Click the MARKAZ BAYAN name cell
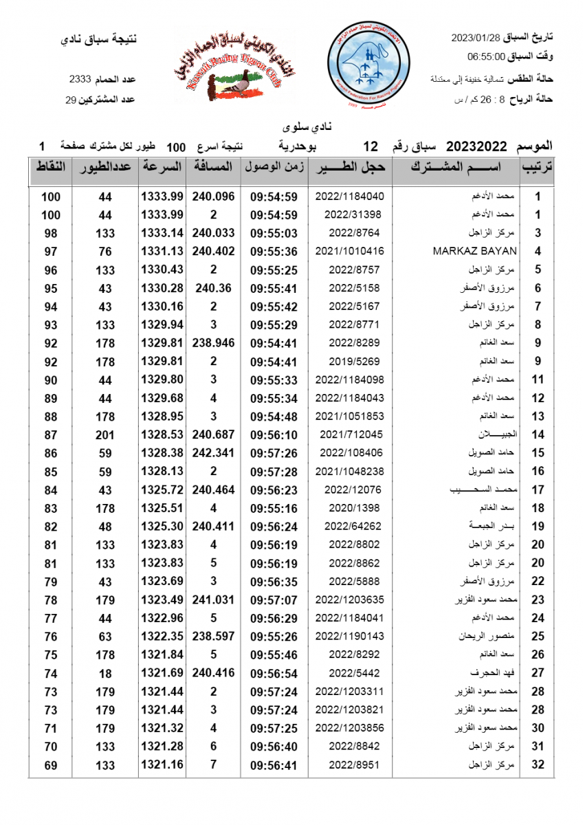click(x=474, y=251)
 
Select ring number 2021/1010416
click(x=349, y=251)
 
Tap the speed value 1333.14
click(x=162, y=233)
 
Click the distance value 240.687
click(x=213, y=434)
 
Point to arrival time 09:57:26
click(x=274, y=453)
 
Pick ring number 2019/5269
click(x=349, y=361)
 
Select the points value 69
click(x=50, y=764)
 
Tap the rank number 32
click(x=538, y=764)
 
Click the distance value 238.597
click(x=213, y=636)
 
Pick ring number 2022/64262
click(x=349, y=526)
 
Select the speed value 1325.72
click(x=162, y=489)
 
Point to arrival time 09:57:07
click(x=274, y=599)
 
